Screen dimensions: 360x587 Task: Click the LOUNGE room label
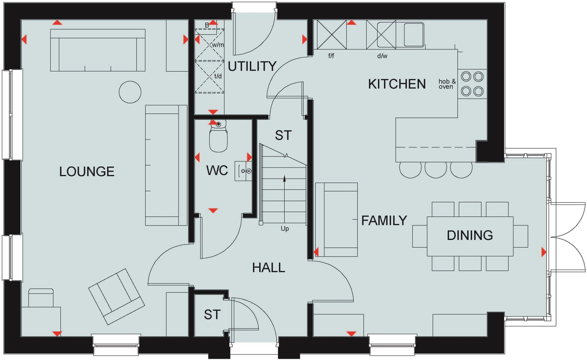pos(87,172)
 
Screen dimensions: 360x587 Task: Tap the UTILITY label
pos(252,66)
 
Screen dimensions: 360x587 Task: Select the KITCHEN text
pos(397,84)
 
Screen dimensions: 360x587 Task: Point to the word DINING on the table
pos(470,235)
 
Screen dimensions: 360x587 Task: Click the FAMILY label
pos(384,221)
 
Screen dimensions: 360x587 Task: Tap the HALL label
pos(269,268)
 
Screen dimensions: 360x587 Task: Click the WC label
pos(217,170)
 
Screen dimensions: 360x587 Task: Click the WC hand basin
pos(244,171)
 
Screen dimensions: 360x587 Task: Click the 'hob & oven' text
pos(447,84)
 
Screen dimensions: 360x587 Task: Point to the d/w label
pos(382,56)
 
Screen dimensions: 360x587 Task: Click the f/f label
pos(331,56)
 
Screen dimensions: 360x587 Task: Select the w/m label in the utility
pos(218,45)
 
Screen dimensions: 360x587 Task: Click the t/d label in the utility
pos(218,76)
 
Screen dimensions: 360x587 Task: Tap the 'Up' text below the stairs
pos(285,229)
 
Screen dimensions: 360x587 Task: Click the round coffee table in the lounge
pos(130,92)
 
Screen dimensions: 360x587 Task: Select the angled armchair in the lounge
pos(116,297)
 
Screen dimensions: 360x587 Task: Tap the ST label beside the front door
pos(212,315)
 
